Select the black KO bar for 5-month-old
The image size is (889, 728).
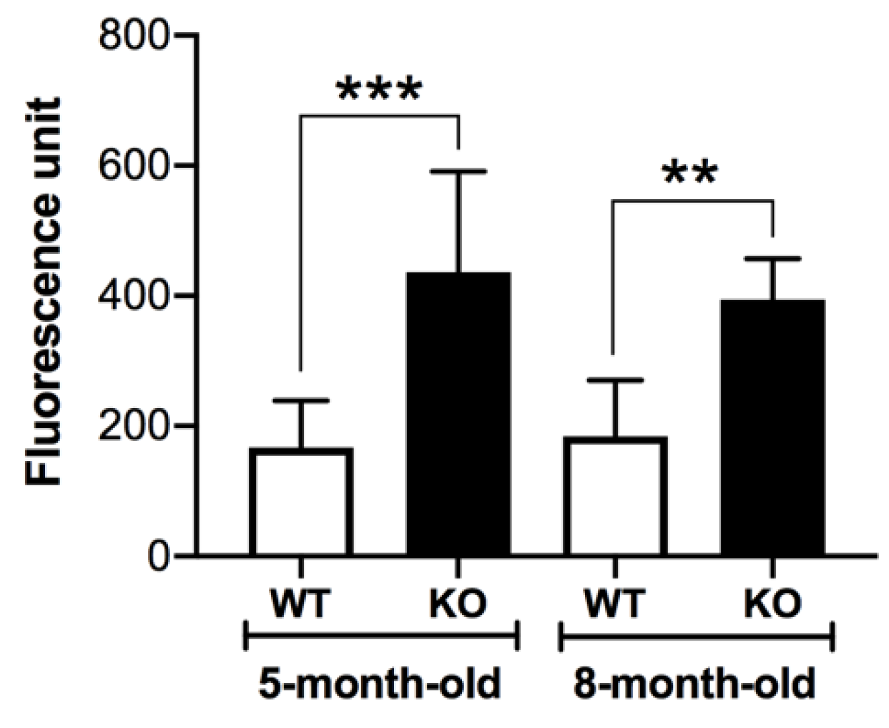tap(458, 414)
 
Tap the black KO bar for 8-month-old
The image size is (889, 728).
tap(773, 428)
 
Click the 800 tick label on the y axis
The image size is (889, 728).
tap(133, 34)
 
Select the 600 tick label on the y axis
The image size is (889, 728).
tap(133, 165)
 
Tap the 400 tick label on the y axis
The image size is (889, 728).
tap(133, 295)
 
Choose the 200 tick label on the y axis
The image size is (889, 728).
tap(133, 426)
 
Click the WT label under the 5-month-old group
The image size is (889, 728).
tap(301, 604)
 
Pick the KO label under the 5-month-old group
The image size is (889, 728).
tap(458, 604)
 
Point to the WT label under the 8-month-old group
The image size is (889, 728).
tap(615, 604)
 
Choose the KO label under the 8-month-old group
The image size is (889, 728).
tap(773, 604)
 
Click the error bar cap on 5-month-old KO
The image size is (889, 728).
tap(458, 172)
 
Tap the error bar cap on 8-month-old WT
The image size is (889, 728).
tap(615, 380)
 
